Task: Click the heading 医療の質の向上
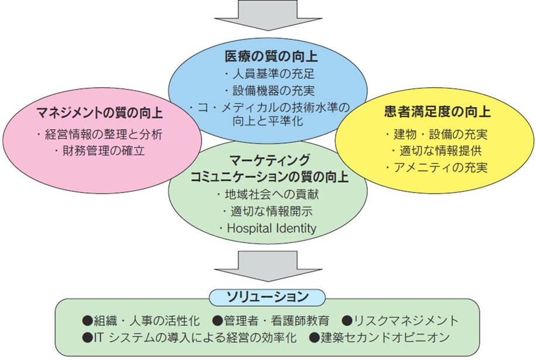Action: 271,57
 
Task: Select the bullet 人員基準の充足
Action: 269,74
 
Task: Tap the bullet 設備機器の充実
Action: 269,91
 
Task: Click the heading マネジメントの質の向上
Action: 99,113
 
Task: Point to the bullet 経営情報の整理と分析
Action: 100,134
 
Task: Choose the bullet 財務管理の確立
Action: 100,150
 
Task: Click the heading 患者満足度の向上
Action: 437,112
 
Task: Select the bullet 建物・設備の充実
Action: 436,134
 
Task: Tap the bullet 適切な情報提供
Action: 436,150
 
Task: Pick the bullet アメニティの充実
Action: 436,167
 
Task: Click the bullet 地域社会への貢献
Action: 268,194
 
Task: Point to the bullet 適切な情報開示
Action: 268,211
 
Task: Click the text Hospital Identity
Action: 272,228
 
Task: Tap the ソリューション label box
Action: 267,297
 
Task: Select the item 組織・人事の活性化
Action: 141,321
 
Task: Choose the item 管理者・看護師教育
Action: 271,321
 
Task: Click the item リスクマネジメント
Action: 400,321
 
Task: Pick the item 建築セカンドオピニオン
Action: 380,337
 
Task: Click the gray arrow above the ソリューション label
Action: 268,266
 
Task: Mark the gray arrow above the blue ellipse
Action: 268,15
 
